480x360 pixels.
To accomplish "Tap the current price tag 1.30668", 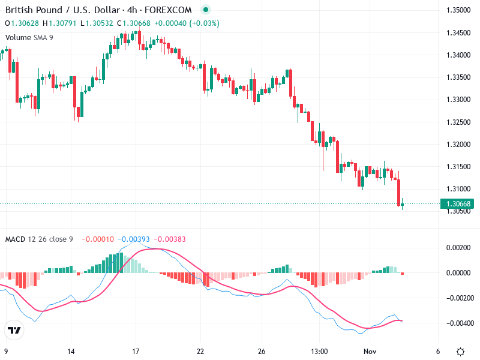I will click(458, 204).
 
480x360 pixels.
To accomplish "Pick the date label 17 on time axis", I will click(136, 352).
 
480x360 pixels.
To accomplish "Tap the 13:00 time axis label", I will click(319, 352).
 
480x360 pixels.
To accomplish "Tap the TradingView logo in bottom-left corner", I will click(14, 330).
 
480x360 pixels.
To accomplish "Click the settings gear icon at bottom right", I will click(460, 352).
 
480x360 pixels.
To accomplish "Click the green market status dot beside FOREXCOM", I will click(206, 10).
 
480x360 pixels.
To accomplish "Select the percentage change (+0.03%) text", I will click(205, 23).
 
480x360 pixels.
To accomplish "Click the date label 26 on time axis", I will click(262, 352).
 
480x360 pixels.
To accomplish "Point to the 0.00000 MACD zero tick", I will click(459, 272).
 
